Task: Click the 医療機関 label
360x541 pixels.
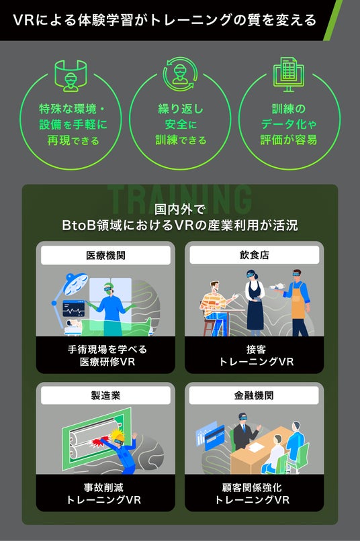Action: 105,255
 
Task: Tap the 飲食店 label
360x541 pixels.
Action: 255,255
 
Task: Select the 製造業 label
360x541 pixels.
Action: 105,395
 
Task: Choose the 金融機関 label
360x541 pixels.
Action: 254,395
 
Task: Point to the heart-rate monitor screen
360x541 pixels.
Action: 73,308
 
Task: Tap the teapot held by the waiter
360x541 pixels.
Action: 277,287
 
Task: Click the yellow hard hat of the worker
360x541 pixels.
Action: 118,436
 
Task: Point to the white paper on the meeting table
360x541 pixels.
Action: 257,448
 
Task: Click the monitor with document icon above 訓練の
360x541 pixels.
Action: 289,75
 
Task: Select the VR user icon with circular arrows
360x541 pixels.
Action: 180,74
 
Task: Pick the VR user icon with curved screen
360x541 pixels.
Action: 71,76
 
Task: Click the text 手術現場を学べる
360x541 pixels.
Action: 107,350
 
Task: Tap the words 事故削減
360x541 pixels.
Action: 103,487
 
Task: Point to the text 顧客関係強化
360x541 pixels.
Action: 252,487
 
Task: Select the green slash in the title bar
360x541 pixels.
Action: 333,20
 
